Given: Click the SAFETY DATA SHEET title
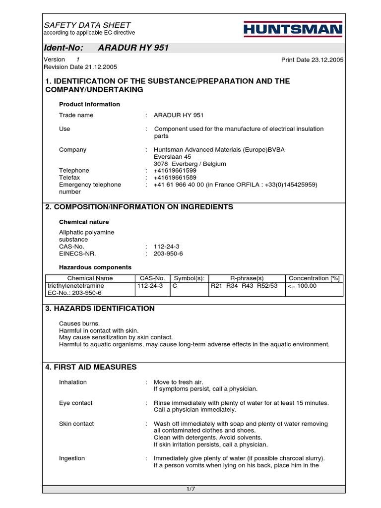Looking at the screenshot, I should coord(87,25).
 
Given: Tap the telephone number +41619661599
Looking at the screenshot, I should coord(175,171).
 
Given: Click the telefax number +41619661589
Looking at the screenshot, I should coord(175,178).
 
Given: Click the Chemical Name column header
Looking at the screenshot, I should coord(90,278).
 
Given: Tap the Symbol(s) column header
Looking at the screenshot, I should coord(189,278).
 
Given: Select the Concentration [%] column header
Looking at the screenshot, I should coord(315,278).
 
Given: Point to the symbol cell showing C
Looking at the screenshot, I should coord(175,286).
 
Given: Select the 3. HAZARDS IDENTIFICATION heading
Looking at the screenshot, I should coord(100,309).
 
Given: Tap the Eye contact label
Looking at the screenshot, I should coord(75,403).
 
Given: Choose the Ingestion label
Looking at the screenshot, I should coord(72,458).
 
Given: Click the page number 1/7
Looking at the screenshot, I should coord(190,490).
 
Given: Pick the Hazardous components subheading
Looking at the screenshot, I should coord(95,267).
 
